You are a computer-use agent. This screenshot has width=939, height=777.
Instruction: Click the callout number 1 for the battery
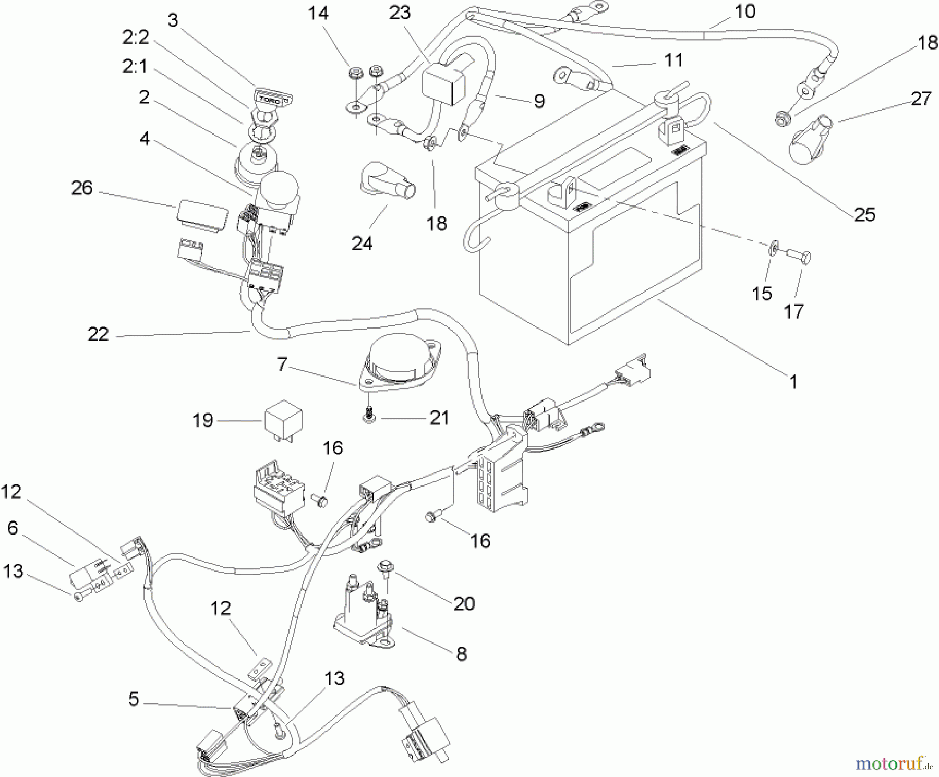coord(793,382)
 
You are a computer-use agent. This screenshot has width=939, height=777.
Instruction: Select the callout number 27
coord(921,98)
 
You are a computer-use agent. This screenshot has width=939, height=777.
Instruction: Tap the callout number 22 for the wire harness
coord(98,334)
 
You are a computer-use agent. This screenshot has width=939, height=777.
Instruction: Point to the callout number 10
coord(744,11)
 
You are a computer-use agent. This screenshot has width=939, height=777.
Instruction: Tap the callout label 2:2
coord(136,38)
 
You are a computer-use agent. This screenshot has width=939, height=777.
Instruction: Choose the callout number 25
coord(864,214)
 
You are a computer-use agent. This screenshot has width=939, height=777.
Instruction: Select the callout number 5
coord(134,699)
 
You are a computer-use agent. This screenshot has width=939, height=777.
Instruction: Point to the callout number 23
coord(400,13)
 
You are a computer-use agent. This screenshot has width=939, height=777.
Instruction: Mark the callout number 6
coord(13,528)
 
